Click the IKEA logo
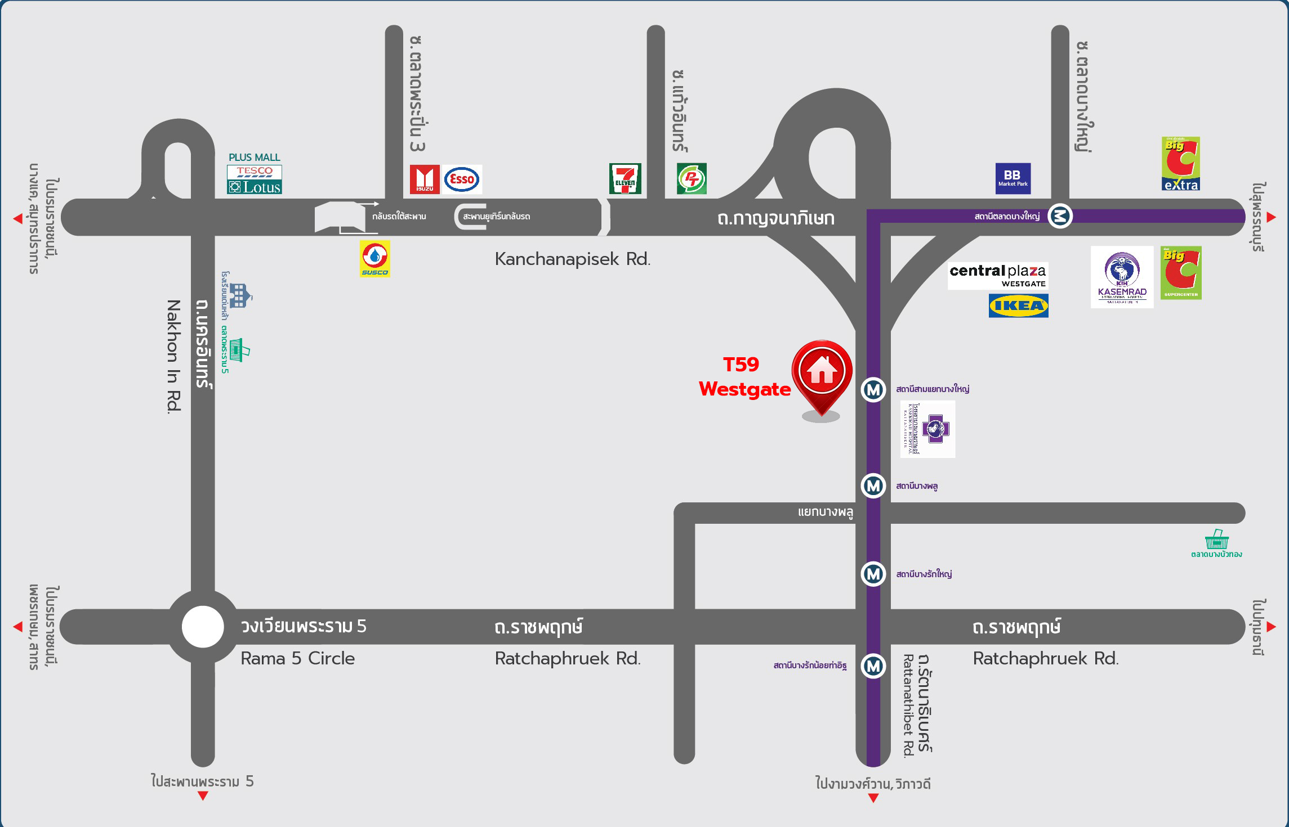[x=1018, y=306]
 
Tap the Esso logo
[x=462, y=179]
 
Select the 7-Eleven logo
[x=625, y=179]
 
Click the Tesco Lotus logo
[x=255, y=179]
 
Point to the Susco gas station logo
[x=375, y=259]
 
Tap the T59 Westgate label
[x=744, y=377]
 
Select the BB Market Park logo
[x=1013, y=178]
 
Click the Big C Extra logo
[x=1180, y=164]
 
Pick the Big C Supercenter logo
[x=1181, y=273]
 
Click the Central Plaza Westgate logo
[x=997, y=276]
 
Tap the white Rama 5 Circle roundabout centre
[x=203, y=627]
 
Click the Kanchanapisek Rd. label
[x=572, y=259]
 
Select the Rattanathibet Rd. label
[x=908, y=705]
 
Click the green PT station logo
[x=692, y=179]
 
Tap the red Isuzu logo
[x=425, y=179]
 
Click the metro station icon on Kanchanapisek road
[x=1060, y=216]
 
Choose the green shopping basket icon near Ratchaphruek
[x=1216, y=540]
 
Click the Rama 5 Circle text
[x=297, y=658]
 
